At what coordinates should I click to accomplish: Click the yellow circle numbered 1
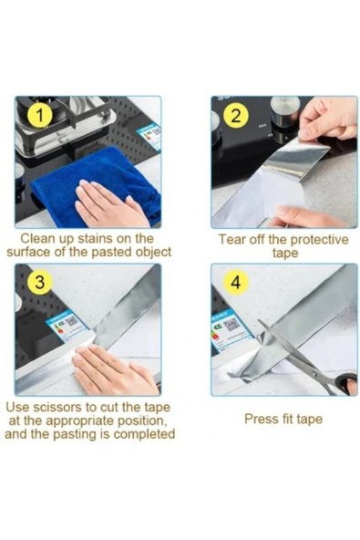pyautogui.click(x=40, y=115)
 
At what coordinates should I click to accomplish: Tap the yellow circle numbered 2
pyautogui.click(x=236, y=115)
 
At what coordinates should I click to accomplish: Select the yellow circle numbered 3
pyautogui.click(x=40, y=283)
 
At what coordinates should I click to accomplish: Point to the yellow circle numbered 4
pyautogui.click(x=236, y=283)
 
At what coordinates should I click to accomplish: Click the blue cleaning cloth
pyautogui.click(x=97, y=186)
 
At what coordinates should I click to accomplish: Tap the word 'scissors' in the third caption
pyautogui.click(x=57, y=407)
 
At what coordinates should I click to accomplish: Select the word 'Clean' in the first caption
pyautogui.click(x=36, y=238)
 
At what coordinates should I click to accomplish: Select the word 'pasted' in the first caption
pyautogui.click(x=112, y=252)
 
